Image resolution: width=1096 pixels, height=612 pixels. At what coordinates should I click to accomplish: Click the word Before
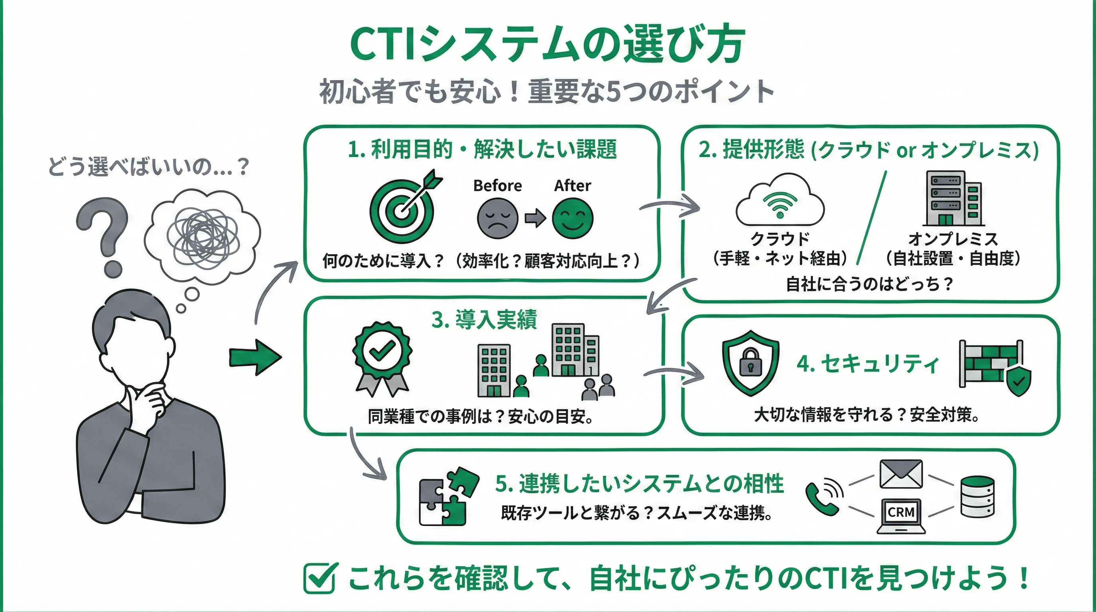[x=497, y=186]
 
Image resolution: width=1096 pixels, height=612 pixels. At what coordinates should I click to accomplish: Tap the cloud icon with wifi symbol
[x=780, y=200]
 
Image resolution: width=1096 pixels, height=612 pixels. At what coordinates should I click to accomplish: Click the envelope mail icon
[x=901, y=474]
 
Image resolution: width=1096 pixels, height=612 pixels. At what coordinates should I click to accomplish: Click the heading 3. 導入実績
[x=484, y=320]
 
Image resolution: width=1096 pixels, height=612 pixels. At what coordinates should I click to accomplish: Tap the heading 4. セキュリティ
[x=868, y=364]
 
